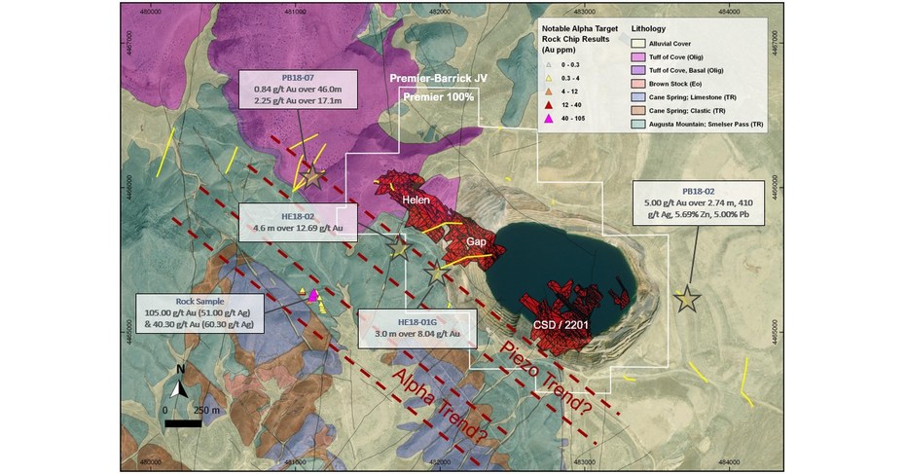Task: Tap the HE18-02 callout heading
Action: (297, 216)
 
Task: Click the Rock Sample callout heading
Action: (200, 302)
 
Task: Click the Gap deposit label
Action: (476, 241)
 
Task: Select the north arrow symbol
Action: (179, 385)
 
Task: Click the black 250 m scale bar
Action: (184, 422)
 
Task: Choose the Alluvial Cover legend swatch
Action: (637, 44)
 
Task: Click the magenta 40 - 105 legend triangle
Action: (549, 118)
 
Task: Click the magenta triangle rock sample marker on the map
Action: (313, 296)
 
